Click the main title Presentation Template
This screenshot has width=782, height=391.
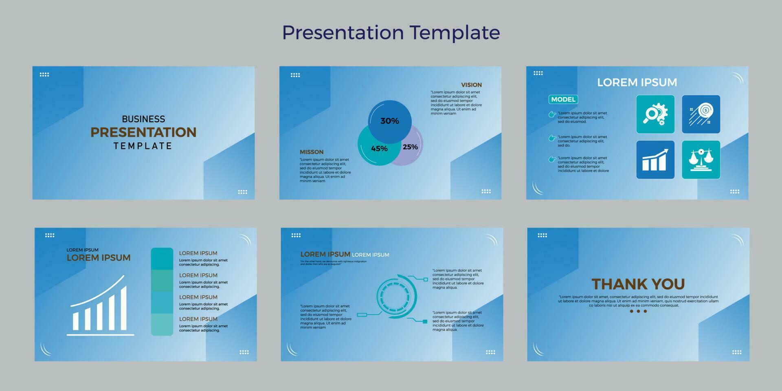tap(391, 33)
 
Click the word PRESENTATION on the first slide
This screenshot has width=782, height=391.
tap(143, 132)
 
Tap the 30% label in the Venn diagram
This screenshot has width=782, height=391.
tap(389, 121)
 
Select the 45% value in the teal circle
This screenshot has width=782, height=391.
tap(379, 149)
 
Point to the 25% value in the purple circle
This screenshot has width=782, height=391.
tap(410, 147)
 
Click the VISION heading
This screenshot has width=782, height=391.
tap(471, 85)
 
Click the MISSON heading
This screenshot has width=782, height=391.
tap(312, 152)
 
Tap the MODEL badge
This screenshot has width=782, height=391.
tap(563, 99)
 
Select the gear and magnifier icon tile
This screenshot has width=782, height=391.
tap(655, 114)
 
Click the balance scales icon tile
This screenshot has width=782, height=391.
tap(701, 160)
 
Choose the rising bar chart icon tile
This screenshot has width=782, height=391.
tap(655, 160)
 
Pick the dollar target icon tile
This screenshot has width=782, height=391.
tap(701, 114)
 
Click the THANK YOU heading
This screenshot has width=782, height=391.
tap(638, 284)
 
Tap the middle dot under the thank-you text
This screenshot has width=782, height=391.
tap(638, 311)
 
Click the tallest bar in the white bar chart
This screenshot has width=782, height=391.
tap(123, 308)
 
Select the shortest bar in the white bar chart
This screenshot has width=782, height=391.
tap(75, 321)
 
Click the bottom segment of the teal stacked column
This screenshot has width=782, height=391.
tap(162, 325)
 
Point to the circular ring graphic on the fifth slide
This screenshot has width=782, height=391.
tap(395, 296)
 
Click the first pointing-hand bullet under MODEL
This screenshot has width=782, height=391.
tap(552, 114)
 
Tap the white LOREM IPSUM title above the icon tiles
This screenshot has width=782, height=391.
tap(637, 82)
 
